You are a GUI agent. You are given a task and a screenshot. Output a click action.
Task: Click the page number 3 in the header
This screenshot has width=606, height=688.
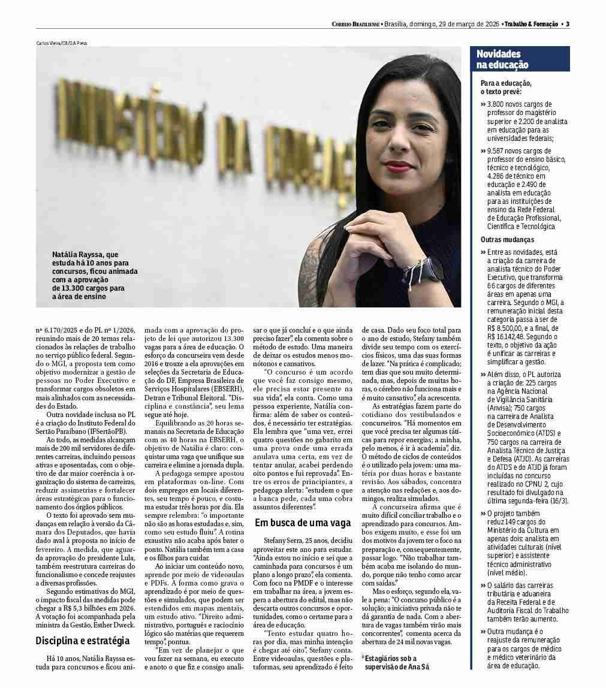point(567,24)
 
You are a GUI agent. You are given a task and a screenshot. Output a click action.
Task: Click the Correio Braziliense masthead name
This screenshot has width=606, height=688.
point(355,24)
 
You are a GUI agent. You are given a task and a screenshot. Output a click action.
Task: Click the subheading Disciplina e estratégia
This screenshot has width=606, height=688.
point(82,641)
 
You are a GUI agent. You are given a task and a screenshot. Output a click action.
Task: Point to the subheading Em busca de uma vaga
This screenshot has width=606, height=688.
point(303,523)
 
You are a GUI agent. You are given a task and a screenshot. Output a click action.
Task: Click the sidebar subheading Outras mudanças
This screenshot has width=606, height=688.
point(507,240)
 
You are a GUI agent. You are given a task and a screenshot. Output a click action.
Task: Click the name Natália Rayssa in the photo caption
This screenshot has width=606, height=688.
point(79,255)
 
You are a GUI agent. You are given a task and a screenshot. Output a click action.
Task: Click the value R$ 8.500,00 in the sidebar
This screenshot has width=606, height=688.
point(502,328)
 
